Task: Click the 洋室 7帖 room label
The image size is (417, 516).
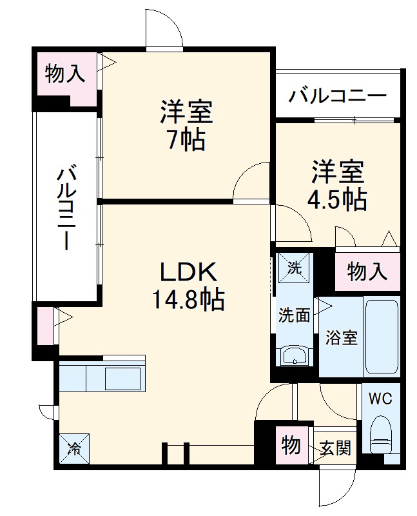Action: [186, 126]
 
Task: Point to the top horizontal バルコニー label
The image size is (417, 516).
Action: [337, 97]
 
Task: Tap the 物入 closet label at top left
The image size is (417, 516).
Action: [64, 74]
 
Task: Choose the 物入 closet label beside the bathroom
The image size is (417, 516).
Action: [367, 272]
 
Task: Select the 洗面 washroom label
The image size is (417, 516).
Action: [295, 315]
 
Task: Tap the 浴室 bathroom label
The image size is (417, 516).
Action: [341, 337]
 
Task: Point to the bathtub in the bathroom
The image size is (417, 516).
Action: [382, 337]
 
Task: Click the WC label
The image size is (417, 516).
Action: [381, 398]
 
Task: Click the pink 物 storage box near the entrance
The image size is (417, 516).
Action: [291, 445]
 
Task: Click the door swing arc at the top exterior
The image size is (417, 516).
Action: [164, 29]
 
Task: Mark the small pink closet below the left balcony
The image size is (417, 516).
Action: [44, 326]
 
